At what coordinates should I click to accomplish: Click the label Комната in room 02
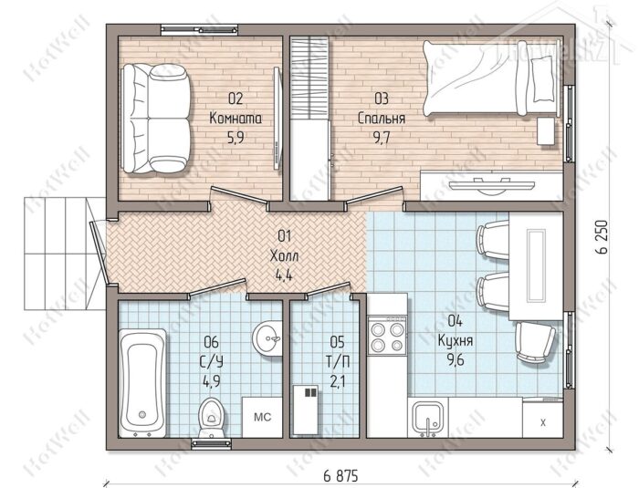click(x=236, y=119)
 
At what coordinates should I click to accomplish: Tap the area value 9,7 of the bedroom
click(x=382, y=138)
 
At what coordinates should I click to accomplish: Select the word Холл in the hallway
click(x=284, y=256)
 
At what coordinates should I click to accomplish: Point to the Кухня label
click(x=456, y=340)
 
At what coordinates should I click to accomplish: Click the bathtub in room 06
click(x=142, y=383)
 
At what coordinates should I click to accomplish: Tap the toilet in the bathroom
click(x=211, y=416)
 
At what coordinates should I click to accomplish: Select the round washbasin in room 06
click(x=267, y=337)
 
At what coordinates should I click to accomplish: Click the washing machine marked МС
click(x=263, y=418)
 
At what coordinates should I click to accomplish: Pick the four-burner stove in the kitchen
click(x=387, y=335)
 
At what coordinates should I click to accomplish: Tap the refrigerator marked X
click(x=543, y=421)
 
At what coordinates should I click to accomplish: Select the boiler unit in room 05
click(x=305, y=410)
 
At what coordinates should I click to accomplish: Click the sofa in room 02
click(x=156, y=119)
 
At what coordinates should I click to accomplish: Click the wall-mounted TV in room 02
click(x=278, y=118)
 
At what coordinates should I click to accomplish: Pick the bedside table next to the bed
click(x=546, y=130)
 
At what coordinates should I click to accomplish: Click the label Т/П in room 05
click(x=338, y=361)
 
